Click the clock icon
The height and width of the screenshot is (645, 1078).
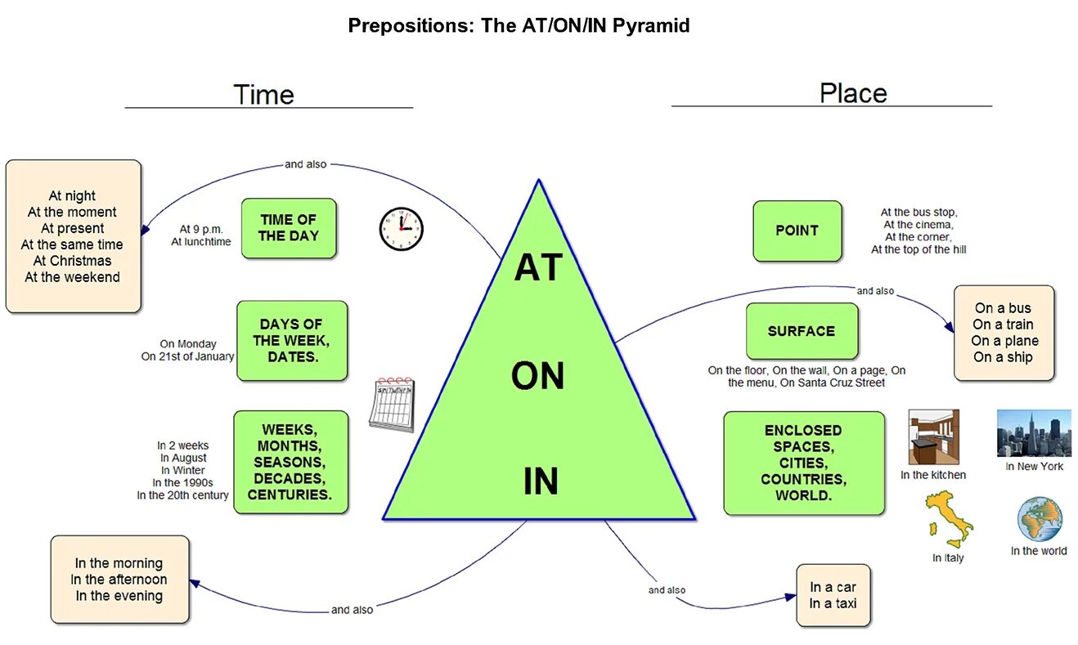click(401, 229)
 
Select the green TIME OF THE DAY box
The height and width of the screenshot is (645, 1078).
click(289, 228)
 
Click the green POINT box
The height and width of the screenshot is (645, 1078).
click(797, 231)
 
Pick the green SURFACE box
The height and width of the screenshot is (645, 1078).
click(802, 331)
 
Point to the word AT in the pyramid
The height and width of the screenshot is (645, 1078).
click(537, 269)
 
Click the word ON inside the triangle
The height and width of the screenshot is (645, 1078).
click(537, 377)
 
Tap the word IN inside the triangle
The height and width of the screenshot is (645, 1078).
click(541, 482)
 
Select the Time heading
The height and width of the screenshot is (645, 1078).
click(263, 94)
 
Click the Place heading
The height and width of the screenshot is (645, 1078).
click(853, 93)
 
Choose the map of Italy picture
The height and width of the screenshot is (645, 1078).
click(949, 519)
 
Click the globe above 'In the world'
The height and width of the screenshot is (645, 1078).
click(1040, 519)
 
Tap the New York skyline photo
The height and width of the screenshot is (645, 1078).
click(1034, 433)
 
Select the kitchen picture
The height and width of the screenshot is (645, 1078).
click(934, 437)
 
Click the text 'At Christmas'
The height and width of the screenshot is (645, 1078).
click(72, 261)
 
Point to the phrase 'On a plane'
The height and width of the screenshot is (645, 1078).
click(1005, 341)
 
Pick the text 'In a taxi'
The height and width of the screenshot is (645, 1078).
click(833, 603)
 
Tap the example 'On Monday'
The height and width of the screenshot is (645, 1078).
click(188, 344)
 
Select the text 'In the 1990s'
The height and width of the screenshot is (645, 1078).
click(183, 482)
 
